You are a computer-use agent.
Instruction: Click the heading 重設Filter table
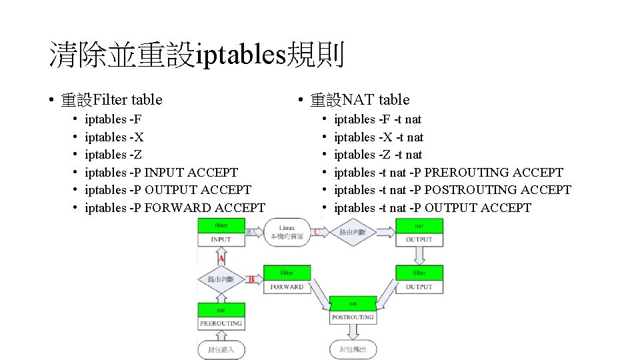tap(111, 100)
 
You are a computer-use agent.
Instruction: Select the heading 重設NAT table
tap(360, 100)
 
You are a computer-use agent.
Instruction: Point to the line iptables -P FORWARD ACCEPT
tap(175, 208)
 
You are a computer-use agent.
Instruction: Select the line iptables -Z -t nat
tap(378, 155)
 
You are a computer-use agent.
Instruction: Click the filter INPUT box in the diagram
tap(221, 233)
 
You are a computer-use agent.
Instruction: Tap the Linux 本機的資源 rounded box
tap(287, 232)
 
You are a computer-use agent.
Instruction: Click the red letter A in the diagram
tap(221, 258)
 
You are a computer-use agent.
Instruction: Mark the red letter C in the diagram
tap(317, 231)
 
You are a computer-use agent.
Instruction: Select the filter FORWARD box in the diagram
tap(287, 280)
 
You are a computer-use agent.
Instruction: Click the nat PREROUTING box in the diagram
tap(221, 317)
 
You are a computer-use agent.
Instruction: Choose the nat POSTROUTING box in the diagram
tap(353, 311)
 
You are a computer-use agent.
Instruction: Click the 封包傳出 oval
tap(353, 349)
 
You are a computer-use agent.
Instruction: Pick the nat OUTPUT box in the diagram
tap(419, 233)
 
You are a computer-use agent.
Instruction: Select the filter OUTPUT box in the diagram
tap(419, 280)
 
